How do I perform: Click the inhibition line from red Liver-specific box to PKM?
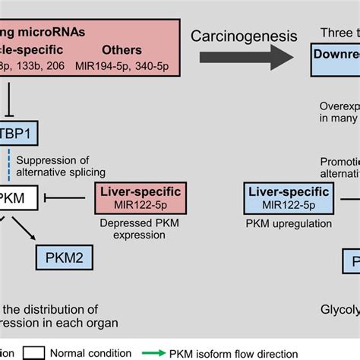point(72,199)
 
